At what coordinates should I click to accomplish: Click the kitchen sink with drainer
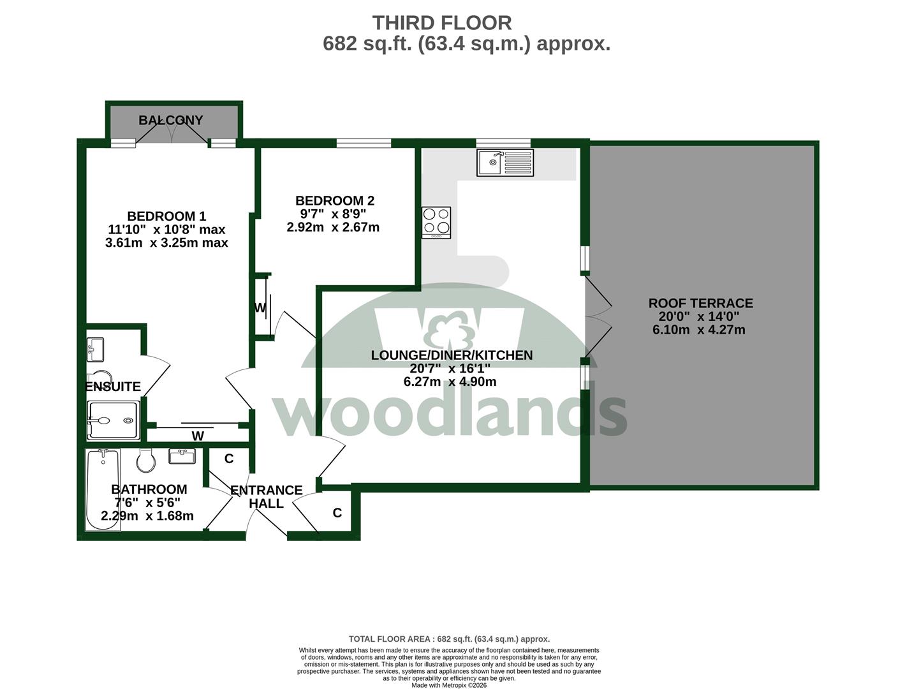(x=505, y=163)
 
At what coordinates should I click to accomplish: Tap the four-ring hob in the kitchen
(x=436, y=223)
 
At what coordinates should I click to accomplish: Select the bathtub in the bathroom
(x=103, y=489)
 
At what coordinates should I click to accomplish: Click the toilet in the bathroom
(x=146, y=460)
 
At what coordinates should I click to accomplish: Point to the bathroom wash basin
(x=182, y=456)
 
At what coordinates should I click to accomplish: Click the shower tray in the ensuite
(x=114, y=420)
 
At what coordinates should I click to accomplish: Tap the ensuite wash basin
(x=95, y=349)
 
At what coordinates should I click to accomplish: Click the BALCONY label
(x=171, y=121)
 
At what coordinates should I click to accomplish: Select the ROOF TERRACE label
(x=700, y=303)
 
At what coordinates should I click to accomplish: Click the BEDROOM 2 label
(x=335, y=200)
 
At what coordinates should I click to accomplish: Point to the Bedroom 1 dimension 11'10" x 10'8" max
(x=166, y=229)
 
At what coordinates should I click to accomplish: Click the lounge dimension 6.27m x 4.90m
(x=450, y=381)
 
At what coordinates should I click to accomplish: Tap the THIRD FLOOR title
(x=442, y=23)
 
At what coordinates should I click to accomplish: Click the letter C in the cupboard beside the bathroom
(x=229, y=458)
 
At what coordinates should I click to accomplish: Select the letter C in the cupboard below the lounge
(x=337, y=512)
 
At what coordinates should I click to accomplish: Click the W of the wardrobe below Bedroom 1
(x=198, y=436)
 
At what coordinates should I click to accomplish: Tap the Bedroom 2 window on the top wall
(x=364, y=143)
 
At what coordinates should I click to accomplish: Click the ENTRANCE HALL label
(x=266, y=496)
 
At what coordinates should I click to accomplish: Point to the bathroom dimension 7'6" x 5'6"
(x=147, y=502)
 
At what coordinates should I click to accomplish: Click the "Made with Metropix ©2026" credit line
(x=449, y=685)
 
